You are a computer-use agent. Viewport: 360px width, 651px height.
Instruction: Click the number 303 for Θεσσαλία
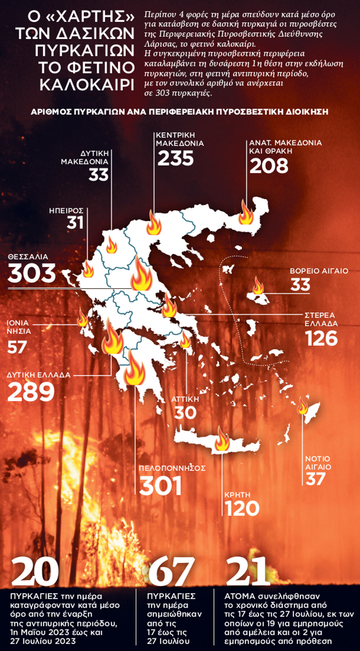click(x=32, y=273)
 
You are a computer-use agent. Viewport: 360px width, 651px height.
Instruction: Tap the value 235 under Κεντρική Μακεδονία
click(x=176, y=158)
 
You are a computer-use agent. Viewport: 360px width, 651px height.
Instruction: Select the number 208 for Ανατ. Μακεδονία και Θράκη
click(x=269, y=166)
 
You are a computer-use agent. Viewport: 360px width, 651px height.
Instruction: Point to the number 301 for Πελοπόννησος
click(x=161, y=486)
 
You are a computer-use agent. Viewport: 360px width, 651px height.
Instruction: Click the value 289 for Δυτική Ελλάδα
click(x=31, y=392)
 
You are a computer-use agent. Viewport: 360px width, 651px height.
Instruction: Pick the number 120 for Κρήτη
click(x=242, y=508)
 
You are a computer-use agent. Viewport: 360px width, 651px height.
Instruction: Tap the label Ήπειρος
click(x=66, y=211)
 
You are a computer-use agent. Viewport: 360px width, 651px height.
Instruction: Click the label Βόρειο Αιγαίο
click(x=319, y=271)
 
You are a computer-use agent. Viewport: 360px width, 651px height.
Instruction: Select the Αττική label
click(x=185, y=399)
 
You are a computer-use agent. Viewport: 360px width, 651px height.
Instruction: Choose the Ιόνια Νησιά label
click(x=18, y=327)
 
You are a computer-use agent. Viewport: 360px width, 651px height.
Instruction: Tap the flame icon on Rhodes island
click(x=302, y=406)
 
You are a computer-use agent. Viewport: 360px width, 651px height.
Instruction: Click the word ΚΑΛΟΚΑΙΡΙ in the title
click(x=87, y=84)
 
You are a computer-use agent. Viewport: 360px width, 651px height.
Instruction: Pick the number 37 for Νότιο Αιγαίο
click(x=316, y=479)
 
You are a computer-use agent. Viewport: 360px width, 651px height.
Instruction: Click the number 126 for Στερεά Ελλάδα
click(x=321, y=339)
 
